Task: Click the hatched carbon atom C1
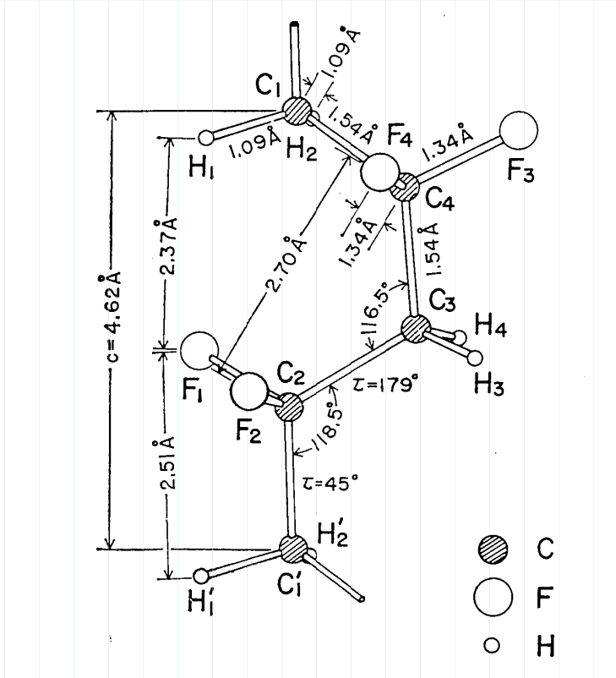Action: coord(297,110)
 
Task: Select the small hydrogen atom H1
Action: coord(206,136)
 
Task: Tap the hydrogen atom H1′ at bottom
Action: coord(201,576)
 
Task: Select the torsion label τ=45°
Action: coord(330,481)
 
